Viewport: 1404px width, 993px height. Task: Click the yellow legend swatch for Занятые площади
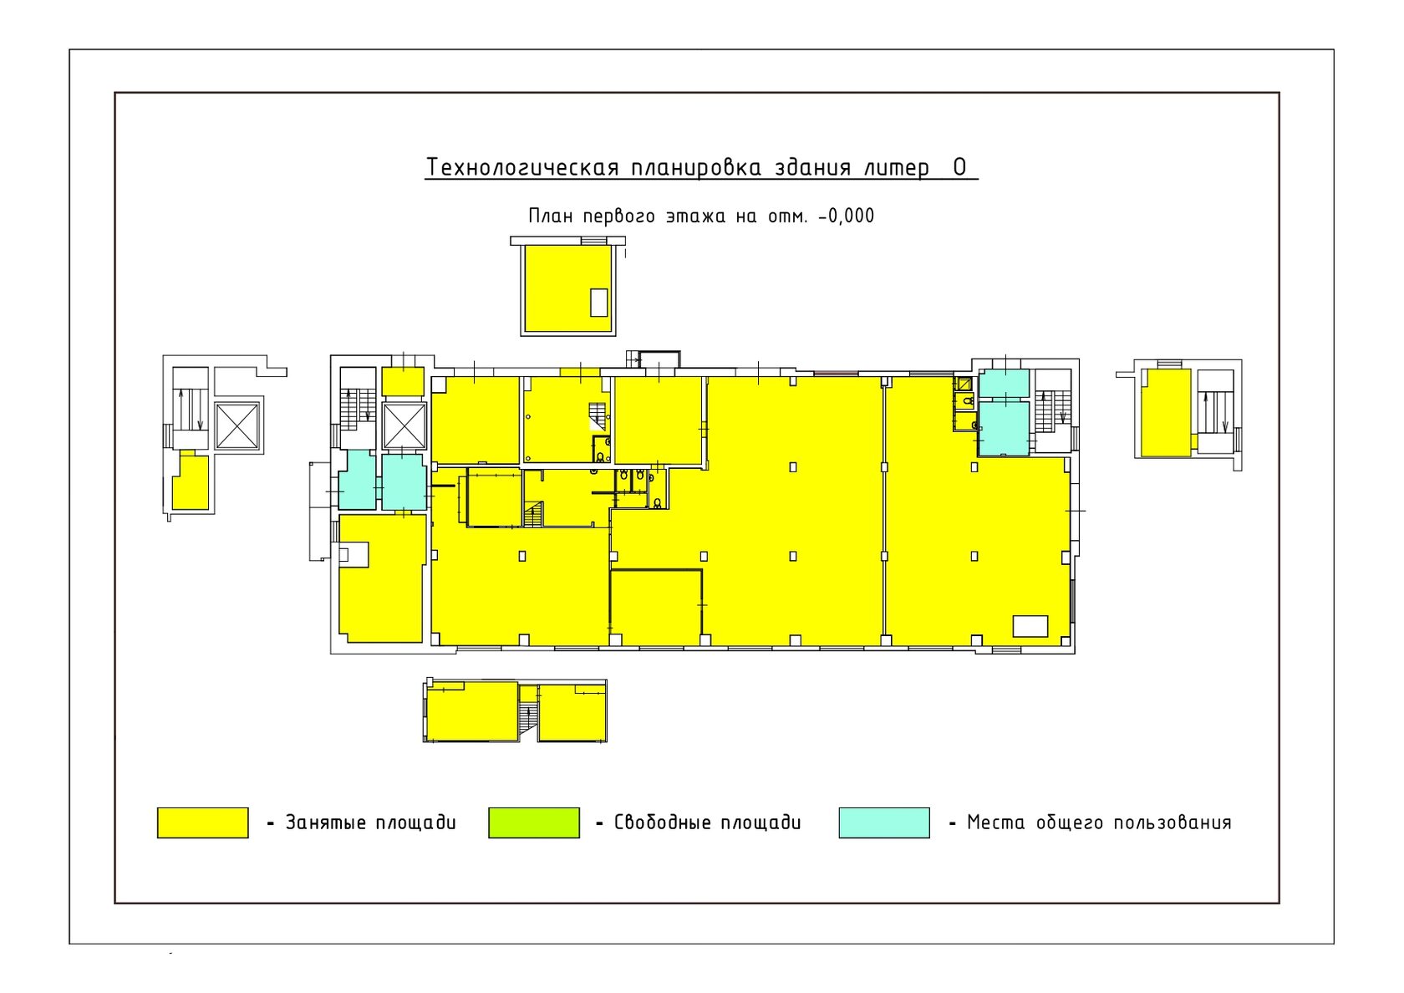tap(202, 822)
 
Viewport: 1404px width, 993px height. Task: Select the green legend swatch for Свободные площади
tap(534, 822)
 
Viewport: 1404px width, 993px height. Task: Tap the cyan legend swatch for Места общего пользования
tap(884, 822)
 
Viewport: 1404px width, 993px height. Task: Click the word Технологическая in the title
tap(523, 168)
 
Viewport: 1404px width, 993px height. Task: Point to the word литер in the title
tap(896, 168)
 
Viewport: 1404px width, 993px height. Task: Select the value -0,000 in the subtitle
tap(846, 216)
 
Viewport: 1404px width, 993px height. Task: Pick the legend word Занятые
tap(325, 822)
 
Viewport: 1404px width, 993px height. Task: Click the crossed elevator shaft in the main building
tap(404, 426)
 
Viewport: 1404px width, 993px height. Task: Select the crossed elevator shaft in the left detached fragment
tap(237, 426)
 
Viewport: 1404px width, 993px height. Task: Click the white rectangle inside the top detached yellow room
tap(599, 303)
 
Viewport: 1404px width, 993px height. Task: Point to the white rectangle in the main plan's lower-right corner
tap(1030, 626)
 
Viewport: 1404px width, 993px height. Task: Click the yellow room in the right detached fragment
tap(1166, 413)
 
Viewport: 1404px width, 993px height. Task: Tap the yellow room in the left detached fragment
tap(191, 481)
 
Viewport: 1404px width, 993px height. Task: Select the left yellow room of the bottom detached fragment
tap(472, 711)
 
